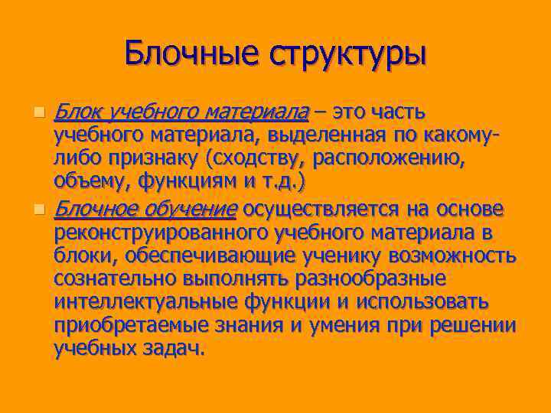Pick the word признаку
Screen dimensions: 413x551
point(137,161)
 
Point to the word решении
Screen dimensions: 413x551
point(474,326)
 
